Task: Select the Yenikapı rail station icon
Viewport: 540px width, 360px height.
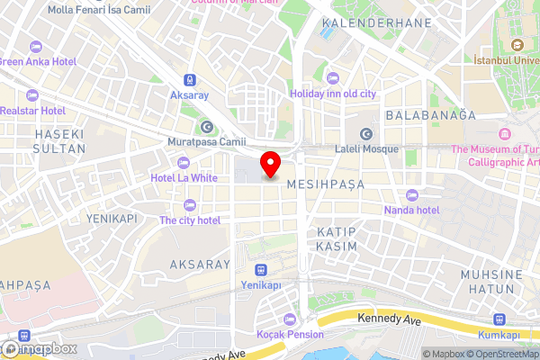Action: tap(261, 269)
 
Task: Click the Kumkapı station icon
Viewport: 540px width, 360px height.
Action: tap(499, 319)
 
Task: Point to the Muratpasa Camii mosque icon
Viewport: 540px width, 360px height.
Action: tap(207, 127)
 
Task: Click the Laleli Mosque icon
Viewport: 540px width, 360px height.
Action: tap(366, 134)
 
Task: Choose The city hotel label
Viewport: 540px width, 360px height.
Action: tap(190, 220)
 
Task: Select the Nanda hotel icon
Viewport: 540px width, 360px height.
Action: tap(413, 195)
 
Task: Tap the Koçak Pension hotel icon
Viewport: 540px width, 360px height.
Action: tap(290, 319)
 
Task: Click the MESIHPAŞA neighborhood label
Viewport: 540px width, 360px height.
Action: tap(325, 184)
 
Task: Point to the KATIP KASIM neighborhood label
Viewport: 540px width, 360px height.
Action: tap(337, 238)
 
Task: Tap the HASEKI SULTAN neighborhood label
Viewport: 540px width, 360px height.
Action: tap(58, 141)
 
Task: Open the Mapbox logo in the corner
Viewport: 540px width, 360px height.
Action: tap(40, 347)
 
